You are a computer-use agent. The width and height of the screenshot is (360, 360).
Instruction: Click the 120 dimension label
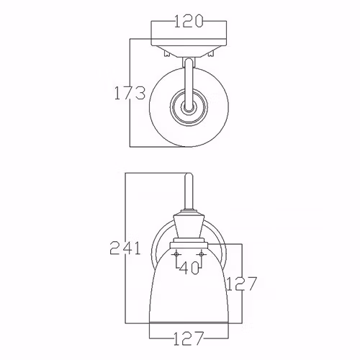click(189, 21)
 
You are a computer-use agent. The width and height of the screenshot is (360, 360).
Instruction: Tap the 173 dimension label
click(130, 93)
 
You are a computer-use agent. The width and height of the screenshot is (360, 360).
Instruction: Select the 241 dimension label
click(125, 248)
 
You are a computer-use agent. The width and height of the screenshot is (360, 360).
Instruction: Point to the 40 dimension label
click(189, 268)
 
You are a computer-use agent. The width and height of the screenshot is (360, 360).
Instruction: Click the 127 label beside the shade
click(242, 284)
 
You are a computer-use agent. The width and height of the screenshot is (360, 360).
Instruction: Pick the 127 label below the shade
click(189, 338)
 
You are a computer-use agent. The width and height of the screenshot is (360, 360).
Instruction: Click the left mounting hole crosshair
click(176, 254)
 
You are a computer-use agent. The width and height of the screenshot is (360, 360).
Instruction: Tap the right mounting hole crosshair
click(202, 254)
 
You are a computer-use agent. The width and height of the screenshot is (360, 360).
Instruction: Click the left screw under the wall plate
click(167, 53)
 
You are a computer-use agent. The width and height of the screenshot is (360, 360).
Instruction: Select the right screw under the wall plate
click(211, 53)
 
